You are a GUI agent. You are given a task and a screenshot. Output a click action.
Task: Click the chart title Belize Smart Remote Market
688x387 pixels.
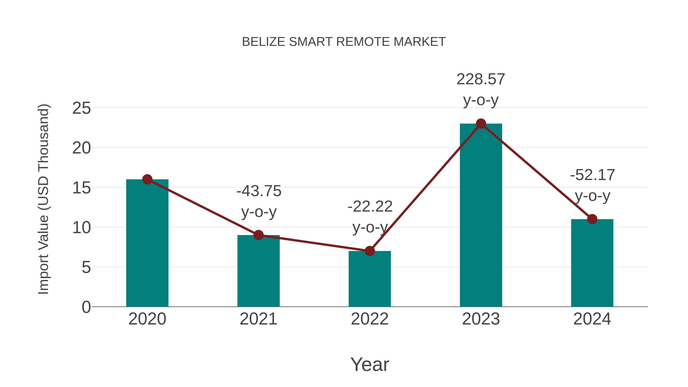tap(344, 42)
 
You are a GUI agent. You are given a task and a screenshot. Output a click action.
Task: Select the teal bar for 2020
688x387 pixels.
tap(147, 243)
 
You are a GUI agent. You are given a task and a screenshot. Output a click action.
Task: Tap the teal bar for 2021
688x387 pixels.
tap(258, 271)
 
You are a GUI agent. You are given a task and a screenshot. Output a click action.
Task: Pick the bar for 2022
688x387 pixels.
tap(370, 279)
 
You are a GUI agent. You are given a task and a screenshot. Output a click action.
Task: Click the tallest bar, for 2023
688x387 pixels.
tap(481, 215)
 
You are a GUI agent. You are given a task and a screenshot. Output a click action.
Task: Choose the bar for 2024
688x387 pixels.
tap(592, 263)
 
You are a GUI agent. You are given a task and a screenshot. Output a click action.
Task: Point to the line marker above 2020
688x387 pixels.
tap(147, 179)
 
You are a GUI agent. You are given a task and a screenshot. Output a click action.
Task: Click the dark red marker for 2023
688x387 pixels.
tap(481, 124)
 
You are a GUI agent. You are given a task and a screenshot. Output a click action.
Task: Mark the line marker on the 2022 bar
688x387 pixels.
tap(370, 251)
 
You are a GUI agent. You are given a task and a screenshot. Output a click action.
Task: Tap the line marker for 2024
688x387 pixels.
tap(592, 219)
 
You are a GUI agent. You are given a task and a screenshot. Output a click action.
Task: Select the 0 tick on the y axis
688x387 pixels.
tap(86, 307)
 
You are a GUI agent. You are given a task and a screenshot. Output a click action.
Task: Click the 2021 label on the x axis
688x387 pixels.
tap(258, 319)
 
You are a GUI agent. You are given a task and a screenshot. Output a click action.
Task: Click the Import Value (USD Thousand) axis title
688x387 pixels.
tap(43, 199)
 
